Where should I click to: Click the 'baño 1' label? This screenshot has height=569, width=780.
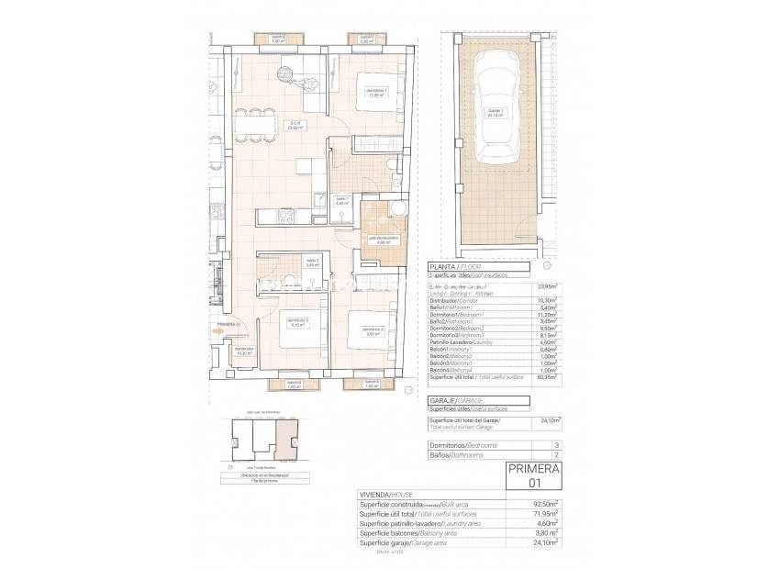click(341, 201)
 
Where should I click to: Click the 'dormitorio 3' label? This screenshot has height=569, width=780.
click(296, 322)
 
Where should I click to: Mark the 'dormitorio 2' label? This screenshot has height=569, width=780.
click(372, 331)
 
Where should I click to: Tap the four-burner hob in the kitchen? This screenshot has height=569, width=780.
click(286, 217)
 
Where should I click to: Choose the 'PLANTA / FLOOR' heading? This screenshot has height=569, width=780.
click(451, 266)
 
